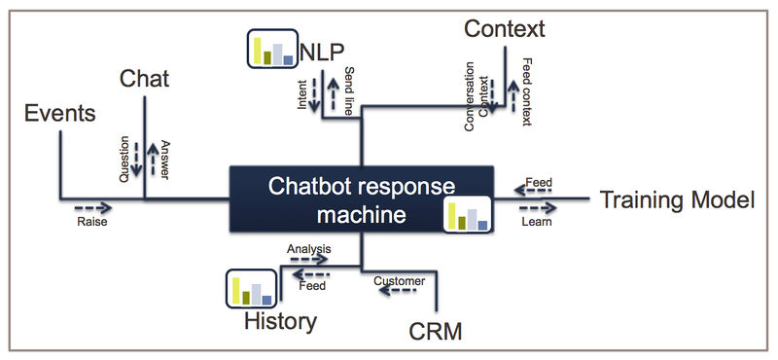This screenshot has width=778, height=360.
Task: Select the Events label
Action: point(60,114)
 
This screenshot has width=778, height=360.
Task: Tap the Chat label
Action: point(145,78)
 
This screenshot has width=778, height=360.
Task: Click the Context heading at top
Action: point(504,28)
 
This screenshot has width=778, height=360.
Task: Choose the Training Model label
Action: point(677,200)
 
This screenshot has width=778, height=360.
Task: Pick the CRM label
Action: point(435,332)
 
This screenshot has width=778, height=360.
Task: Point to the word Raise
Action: point(91,222)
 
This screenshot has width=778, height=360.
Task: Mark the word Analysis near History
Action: point(309,250)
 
